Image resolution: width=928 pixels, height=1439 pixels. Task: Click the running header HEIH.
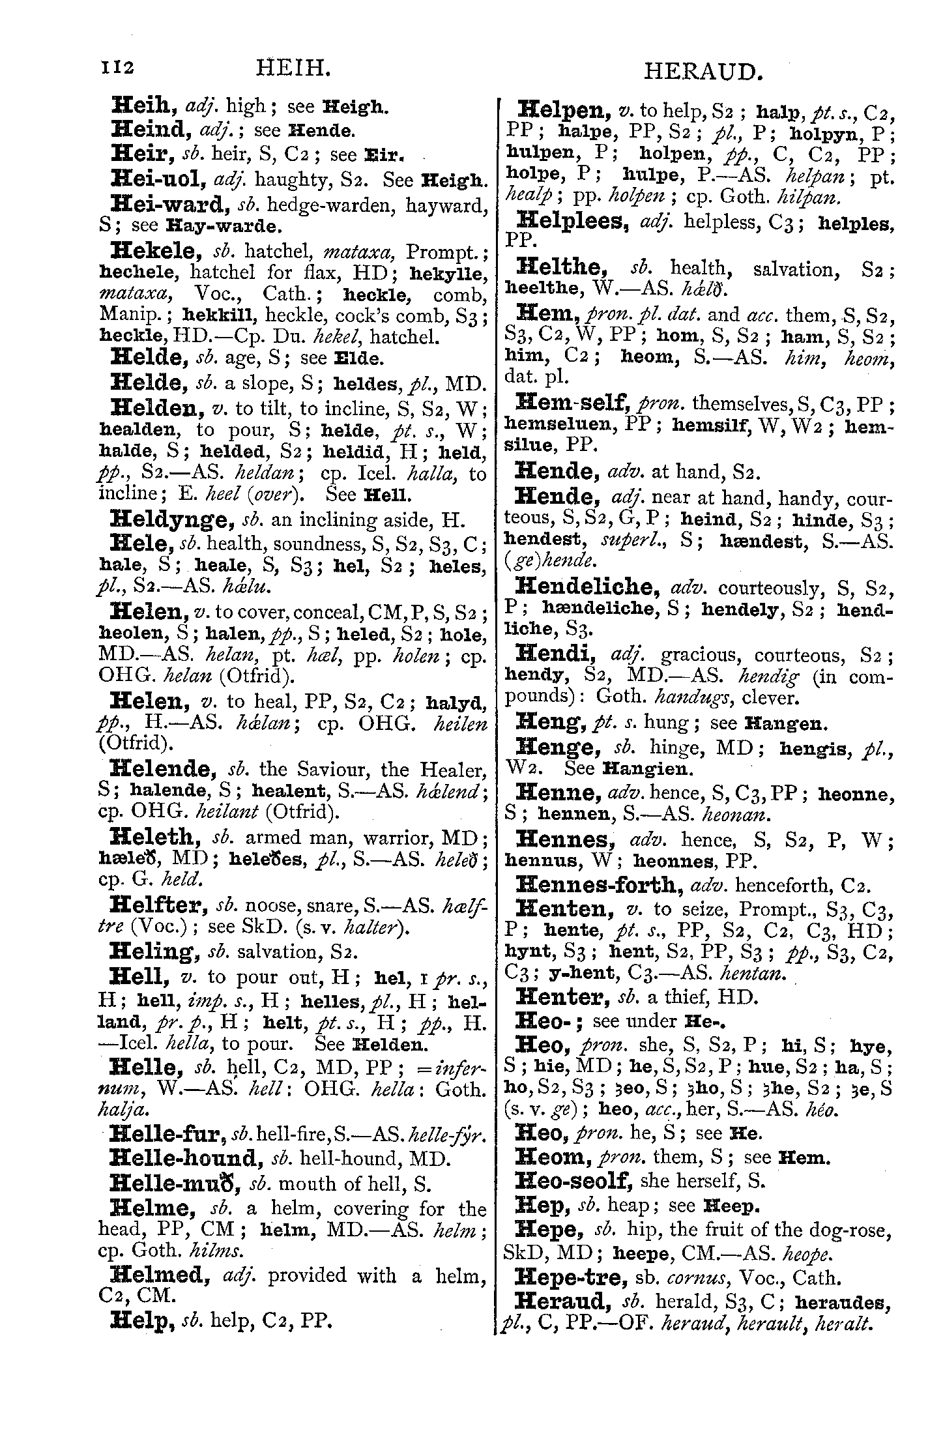coord(290,68)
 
